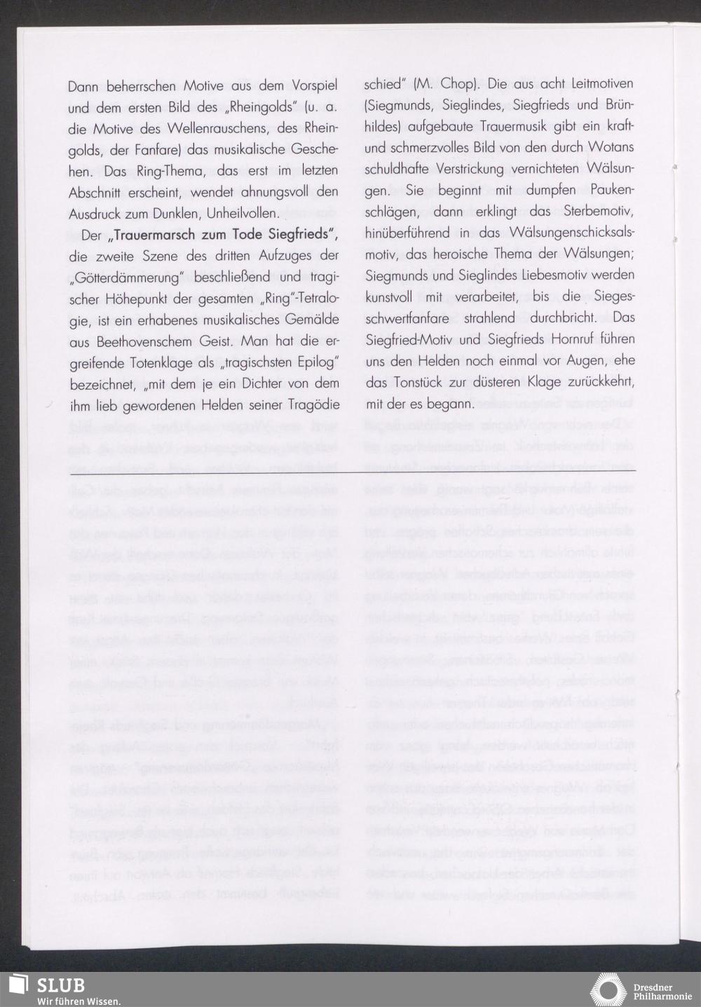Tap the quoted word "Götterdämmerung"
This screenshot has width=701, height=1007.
tap(118, 277)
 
